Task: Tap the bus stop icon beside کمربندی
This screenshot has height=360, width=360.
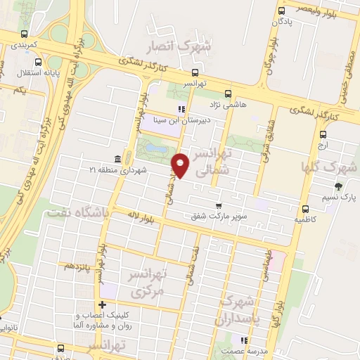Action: [x=25, y=33]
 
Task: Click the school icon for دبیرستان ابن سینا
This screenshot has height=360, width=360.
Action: [x=181, y=109]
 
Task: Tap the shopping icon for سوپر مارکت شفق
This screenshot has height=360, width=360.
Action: [x=219, y=205]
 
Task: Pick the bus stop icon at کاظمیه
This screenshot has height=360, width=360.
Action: [x=305, y=209]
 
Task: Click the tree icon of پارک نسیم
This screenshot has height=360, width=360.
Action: [x=339, y=186]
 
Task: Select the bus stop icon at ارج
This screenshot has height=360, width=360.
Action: [x=323, y=134]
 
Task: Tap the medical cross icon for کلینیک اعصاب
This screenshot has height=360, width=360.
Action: [x=103, y=304]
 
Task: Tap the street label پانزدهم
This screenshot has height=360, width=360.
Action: [x=77, y=267]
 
